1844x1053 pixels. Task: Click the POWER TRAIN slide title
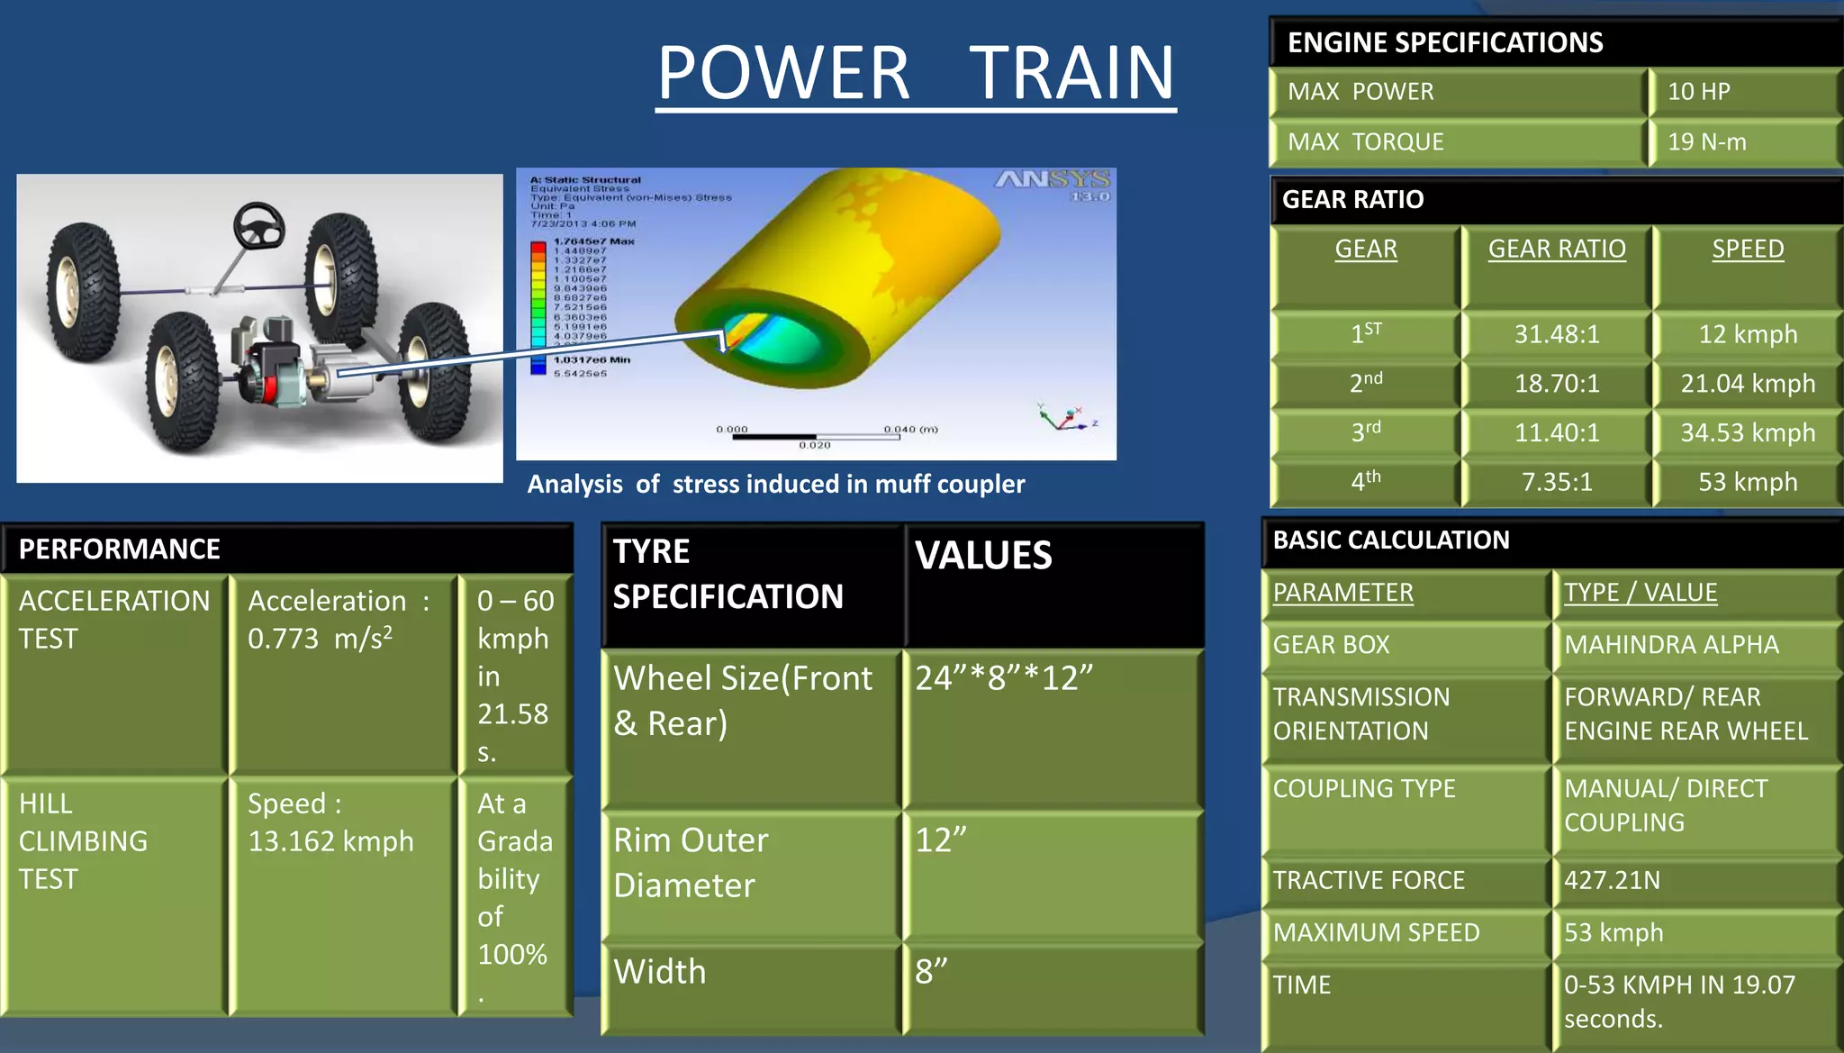(x=916, y=73)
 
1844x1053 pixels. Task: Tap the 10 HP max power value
(x=1698, y=92)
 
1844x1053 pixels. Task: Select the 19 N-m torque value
(x=1706, y=142)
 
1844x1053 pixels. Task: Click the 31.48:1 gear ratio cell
(x=1557, y=335)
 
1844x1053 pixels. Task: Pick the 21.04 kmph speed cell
(x=1747, y=384)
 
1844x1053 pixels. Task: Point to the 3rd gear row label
(x=1365, y=432)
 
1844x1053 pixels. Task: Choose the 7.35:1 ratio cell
(x=1557, y=482)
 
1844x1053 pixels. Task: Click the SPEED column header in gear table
(x=1747, y=250)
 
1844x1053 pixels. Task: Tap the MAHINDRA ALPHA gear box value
(x=1671, y=645)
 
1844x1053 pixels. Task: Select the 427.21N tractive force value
(x=1612, y=880)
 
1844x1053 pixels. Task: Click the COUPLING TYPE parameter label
(x=1363, y=789)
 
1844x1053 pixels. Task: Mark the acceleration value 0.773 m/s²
(x=321, y=639)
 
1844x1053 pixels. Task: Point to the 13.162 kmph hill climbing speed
(x=330, y=841)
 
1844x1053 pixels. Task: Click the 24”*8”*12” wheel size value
(x=1004, y=678)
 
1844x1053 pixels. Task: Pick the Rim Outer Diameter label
(x=691, y=863)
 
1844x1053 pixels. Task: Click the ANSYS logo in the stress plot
(x=1052, y=181)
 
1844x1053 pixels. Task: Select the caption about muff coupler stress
(x=775, y=485)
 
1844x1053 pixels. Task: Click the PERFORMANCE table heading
(x=120, y=549)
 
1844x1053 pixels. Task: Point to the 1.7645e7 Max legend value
(x=593, y=241)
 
